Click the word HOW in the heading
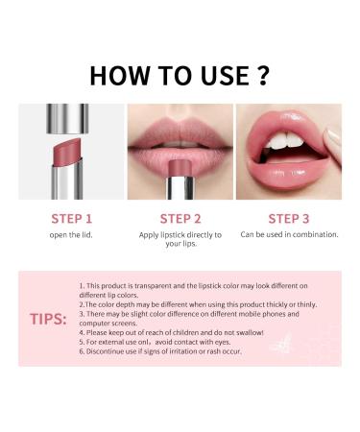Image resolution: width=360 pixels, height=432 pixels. (113, 75)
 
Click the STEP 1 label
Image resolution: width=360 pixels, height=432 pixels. (71, 218)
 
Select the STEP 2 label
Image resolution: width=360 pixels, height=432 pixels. (180, 218)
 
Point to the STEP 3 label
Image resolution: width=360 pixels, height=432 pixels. (289, 218)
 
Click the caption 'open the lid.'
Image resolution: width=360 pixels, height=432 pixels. (71, 234)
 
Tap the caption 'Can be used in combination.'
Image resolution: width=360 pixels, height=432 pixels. (289, 234)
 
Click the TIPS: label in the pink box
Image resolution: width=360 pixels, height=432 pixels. (47, 318)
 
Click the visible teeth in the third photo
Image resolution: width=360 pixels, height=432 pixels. (278, 142)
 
